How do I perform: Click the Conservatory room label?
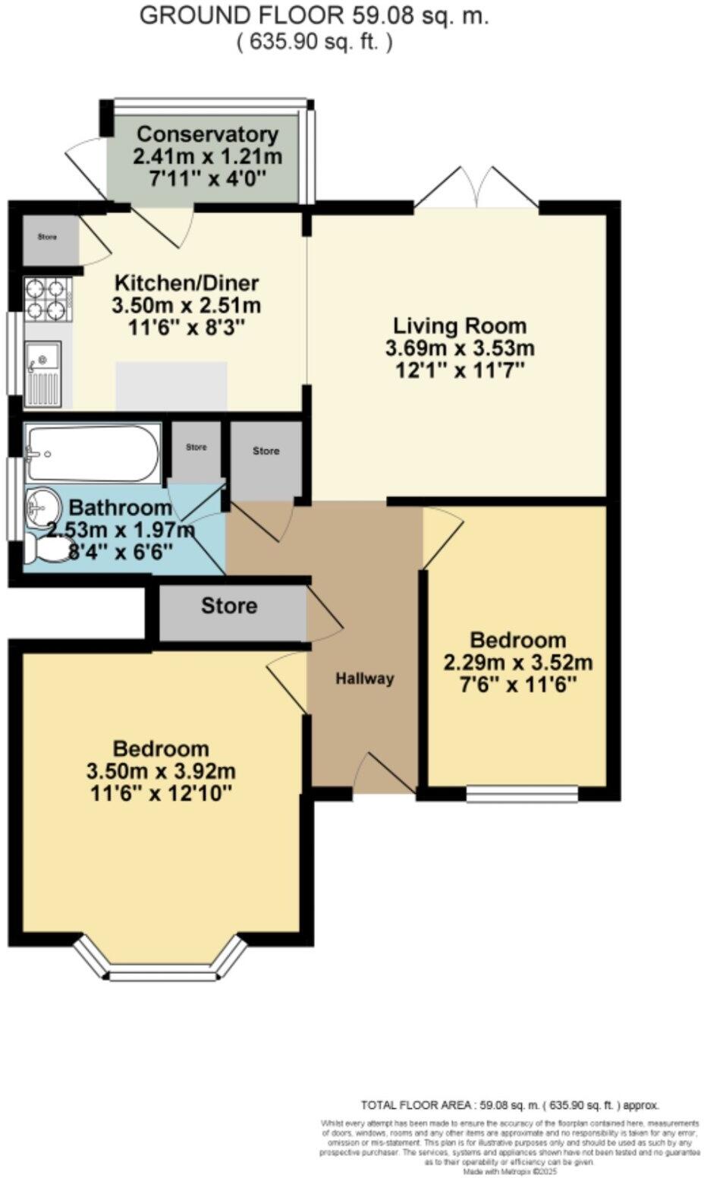207,134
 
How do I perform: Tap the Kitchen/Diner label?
186,283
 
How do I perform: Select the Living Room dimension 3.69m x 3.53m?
460,348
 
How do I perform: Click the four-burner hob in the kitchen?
46,299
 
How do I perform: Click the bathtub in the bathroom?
92,453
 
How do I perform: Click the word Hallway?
365,679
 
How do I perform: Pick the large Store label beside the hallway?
228,606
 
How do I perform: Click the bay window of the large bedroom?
162,965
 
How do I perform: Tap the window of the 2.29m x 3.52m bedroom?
522,793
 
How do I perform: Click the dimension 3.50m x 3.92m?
161,772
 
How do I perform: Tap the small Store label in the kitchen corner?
47,237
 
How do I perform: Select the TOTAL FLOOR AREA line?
510,1105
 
